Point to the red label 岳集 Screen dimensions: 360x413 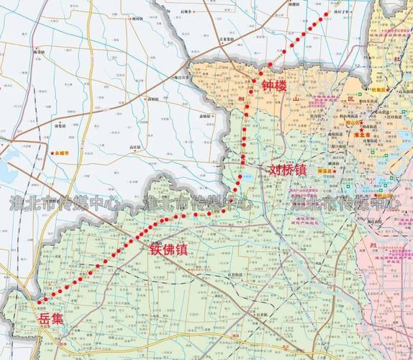pyautogui.click(x=50, y=318)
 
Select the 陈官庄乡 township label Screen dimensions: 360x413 pyautogui.click(x=186, y=75)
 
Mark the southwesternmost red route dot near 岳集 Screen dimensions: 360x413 pyautogui.click(x=40, y=300)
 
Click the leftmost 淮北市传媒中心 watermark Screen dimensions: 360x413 pyautogui.click(x=65, y=204)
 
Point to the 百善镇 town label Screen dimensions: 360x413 pyautogui.click(x=232, y=275)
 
